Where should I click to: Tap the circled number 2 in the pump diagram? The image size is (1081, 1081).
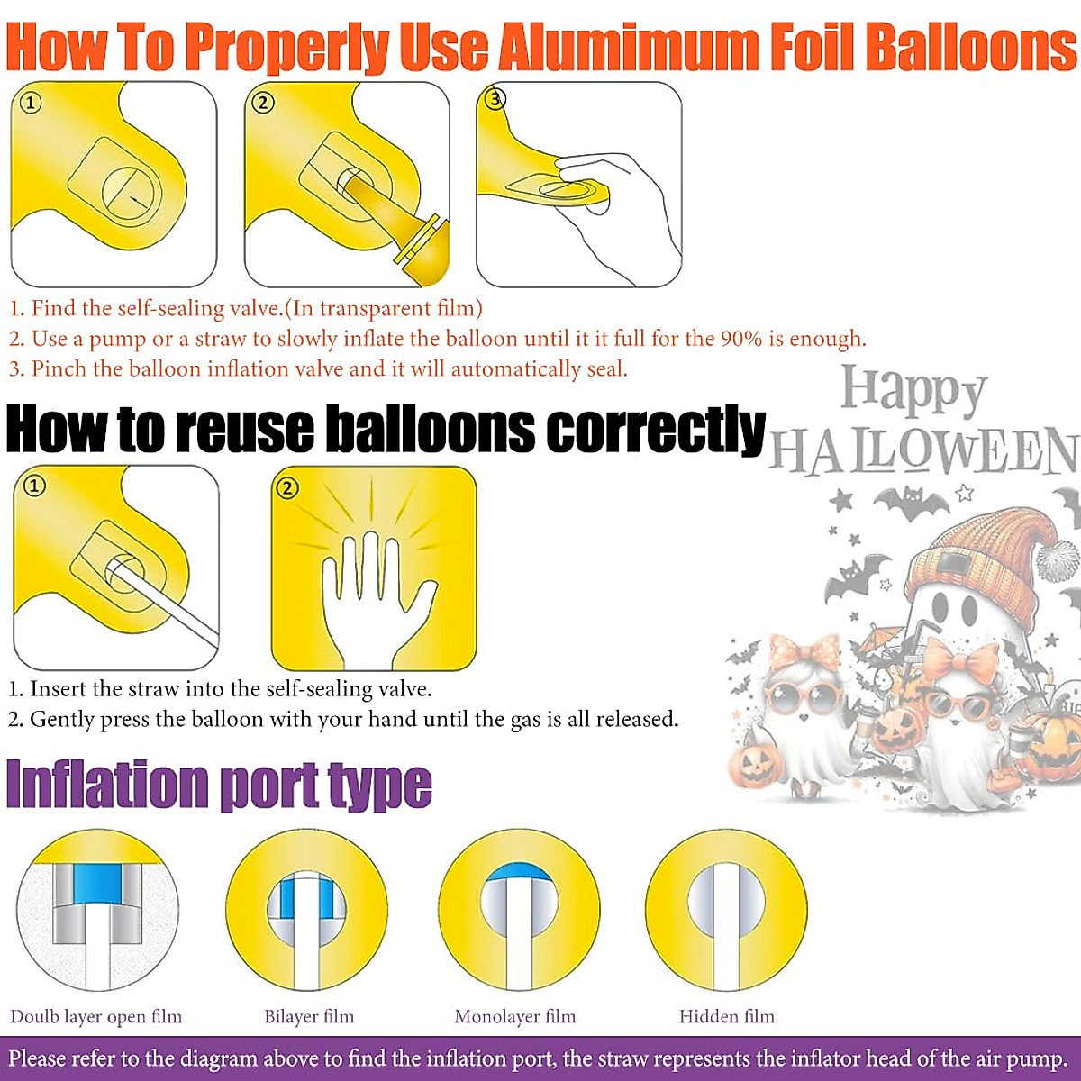tap(262, 103)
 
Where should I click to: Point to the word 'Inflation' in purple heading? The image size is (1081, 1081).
tap(106, 785)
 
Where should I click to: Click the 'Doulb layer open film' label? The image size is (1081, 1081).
tap(95, 1017)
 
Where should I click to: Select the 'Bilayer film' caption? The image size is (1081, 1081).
tap(309, 1017)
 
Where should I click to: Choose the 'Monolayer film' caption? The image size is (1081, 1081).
tap(514, 1017)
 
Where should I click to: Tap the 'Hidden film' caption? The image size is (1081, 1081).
tap(726, 1017)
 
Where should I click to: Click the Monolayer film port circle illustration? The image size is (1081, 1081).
tap(519, 910)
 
